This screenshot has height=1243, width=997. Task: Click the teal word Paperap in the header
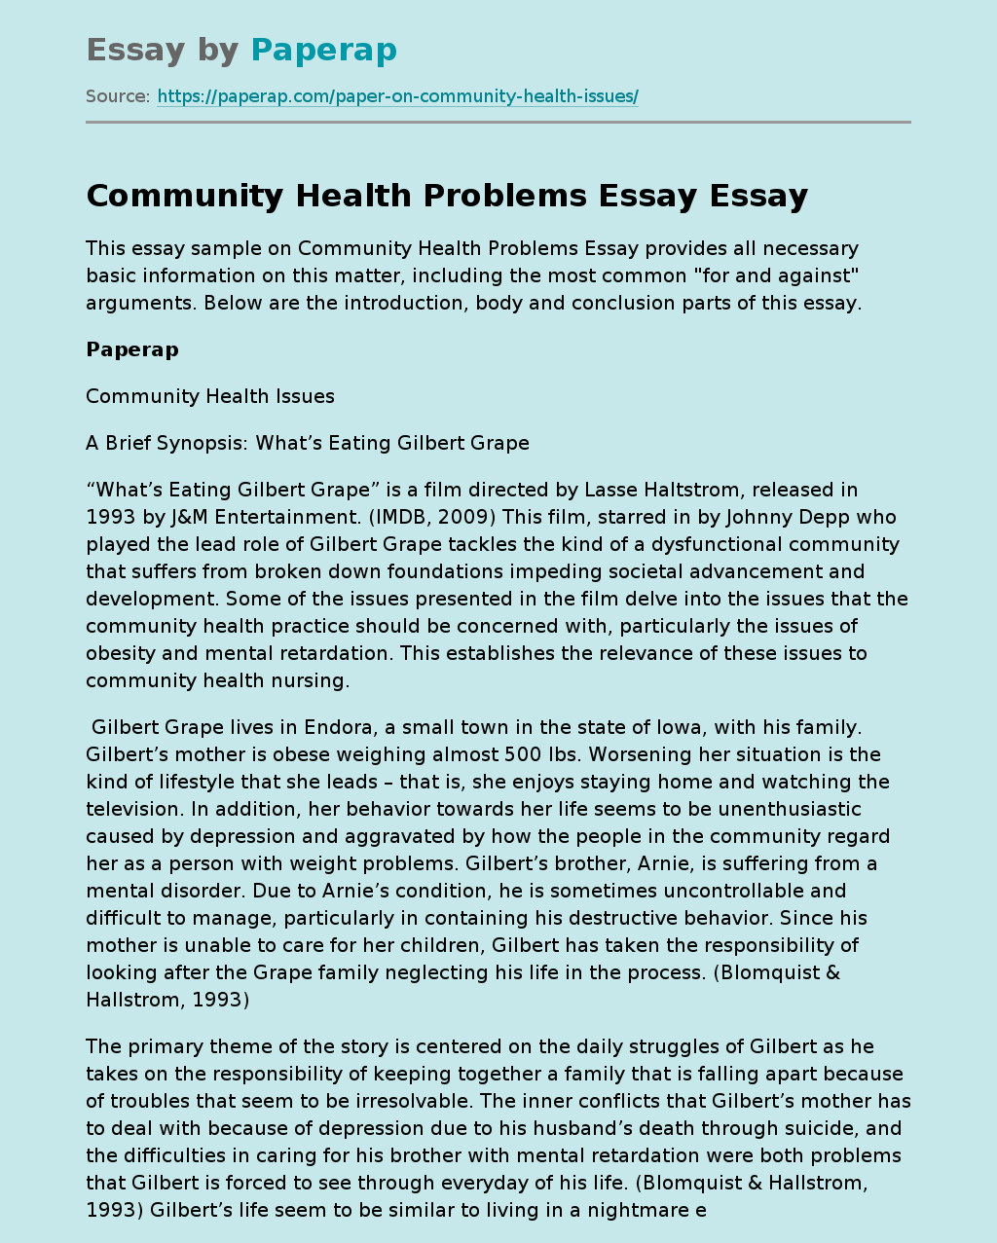point(323,50)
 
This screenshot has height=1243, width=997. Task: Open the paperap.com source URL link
point(397,96)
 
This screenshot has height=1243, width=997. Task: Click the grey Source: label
point(118,96)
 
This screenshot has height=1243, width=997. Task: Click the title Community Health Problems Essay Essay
point(447,196)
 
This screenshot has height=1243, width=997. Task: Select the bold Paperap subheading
point(132,349)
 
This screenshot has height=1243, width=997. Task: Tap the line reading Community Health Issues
point(210,396)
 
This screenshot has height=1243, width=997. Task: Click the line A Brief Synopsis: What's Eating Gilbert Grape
point(308,443)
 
